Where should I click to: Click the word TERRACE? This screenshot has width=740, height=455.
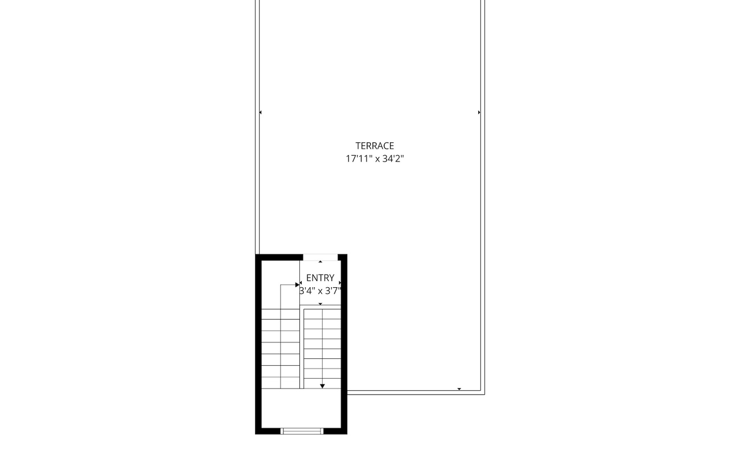click(375, 146)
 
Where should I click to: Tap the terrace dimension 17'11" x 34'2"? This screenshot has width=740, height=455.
click(375, 159)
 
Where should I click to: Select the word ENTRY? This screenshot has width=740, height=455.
click(320, 278)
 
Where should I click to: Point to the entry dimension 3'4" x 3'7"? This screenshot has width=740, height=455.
click(320, 291)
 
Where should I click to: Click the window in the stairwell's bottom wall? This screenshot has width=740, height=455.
click(302, 431)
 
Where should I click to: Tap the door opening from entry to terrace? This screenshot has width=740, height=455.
click(320, 257)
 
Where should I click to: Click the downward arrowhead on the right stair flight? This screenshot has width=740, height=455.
click(322, 386)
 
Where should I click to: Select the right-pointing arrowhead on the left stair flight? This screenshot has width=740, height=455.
click(297, 284)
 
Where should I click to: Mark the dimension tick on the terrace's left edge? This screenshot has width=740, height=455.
click(260, 113)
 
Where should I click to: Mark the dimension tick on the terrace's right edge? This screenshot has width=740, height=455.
click(479, 113)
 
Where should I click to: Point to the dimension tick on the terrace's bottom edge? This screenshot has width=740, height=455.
click(459, 389)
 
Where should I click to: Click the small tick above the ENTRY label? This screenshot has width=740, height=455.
click(320, 262)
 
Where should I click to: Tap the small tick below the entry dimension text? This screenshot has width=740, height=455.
click(320, 304)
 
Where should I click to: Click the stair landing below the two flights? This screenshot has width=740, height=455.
click(301, 408)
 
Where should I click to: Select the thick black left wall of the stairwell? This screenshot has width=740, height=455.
click(258, 344)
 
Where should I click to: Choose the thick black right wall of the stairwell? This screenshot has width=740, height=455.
click(344, 344)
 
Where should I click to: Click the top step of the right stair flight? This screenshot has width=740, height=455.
click(322, 315)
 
